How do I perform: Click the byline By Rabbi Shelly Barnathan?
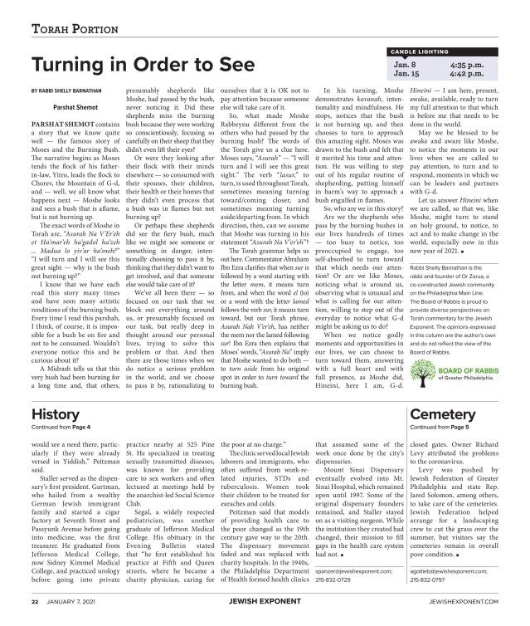point(74,88)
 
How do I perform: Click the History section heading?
point(55,413)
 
